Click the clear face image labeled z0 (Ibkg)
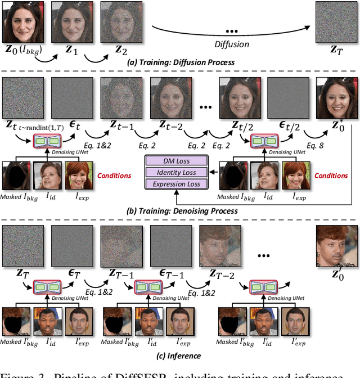click(x=23, y=21)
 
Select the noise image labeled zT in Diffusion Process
click(x=335, y=21)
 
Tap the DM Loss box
click(x=176, y=161)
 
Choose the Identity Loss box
click(x=176, y=172)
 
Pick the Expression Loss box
click(x=176, y=183)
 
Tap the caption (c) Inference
click(x=178, y=355)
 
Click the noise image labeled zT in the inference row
click(x=23, y=245)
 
